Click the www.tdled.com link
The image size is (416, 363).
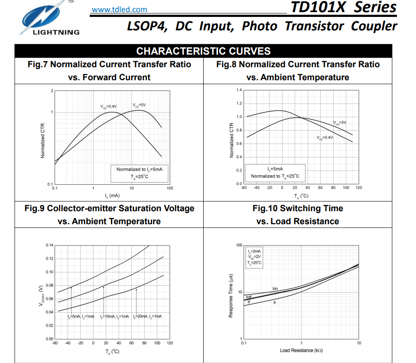click(119, 10)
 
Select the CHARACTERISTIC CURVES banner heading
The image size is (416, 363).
click(203, 51)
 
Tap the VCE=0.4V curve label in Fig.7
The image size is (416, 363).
click(108, 106)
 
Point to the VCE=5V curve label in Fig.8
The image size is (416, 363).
click(340, 123)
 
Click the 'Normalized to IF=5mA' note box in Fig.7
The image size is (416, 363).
click(139, 173)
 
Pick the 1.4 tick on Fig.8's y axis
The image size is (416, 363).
click(239, 90)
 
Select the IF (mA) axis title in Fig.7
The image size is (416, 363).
click(112, 196)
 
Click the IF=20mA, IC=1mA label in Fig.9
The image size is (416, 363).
click(147, 317)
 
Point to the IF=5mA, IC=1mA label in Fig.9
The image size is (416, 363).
click(81, 317)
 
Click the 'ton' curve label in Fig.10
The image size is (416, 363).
click(275, 288)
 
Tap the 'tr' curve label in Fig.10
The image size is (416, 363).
click(275, 302)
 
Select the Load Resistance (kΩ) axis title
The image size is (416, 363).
click(301, 350)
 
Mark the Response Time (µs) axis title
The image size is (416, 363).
click(231, 292)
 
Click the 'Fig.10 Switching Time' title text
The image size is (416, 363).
click(298, 209)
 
